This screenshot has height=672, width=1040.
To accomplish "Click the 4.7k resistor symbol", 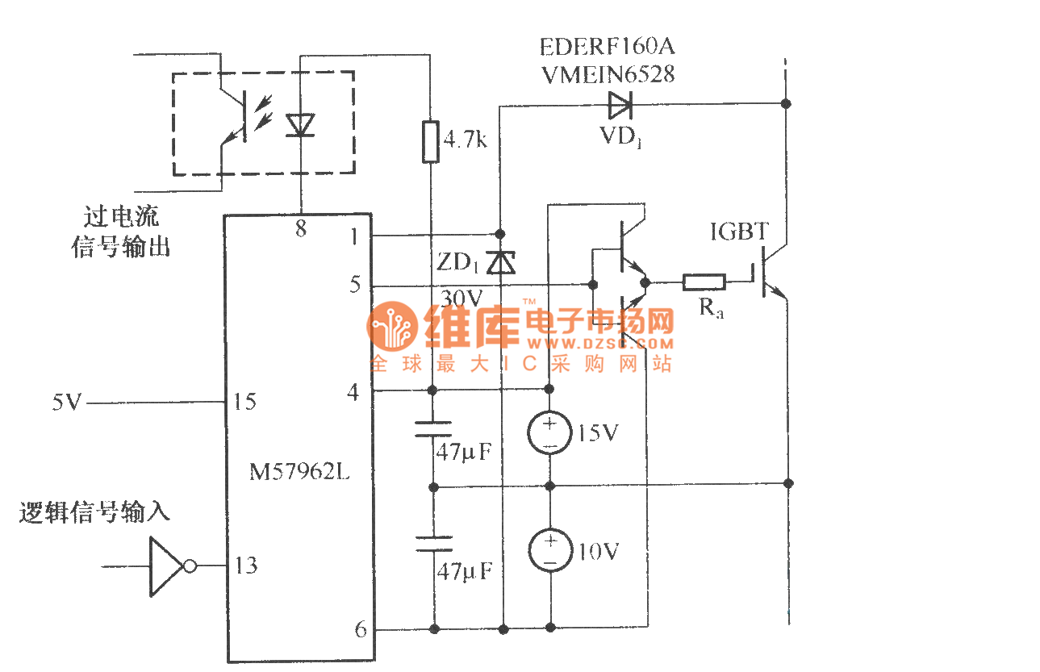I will (432, 142).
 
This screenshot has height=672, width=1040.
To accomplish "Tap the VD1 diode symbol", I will (620, 103).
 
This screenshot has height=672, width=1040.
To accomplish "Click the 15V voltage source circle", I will (549, 433).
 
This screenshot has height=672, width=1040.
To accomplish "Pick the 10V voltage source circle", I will (549, 551).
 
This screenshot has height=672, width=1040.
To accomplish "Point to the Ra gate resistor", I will (704, 282).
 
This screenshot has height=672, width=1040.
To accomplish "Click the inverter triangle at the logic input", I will (168, 566).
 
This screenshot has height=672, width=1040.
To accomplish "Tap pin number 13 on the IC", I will (246, 566).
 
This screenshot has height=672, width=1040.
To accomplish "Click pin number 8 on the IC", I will (300, 229).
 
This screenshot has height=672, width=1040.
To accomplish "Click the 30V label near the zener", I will (462, 298).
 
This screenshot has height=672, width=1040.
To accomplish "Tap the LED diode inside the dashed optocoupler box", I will (300, 123).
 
